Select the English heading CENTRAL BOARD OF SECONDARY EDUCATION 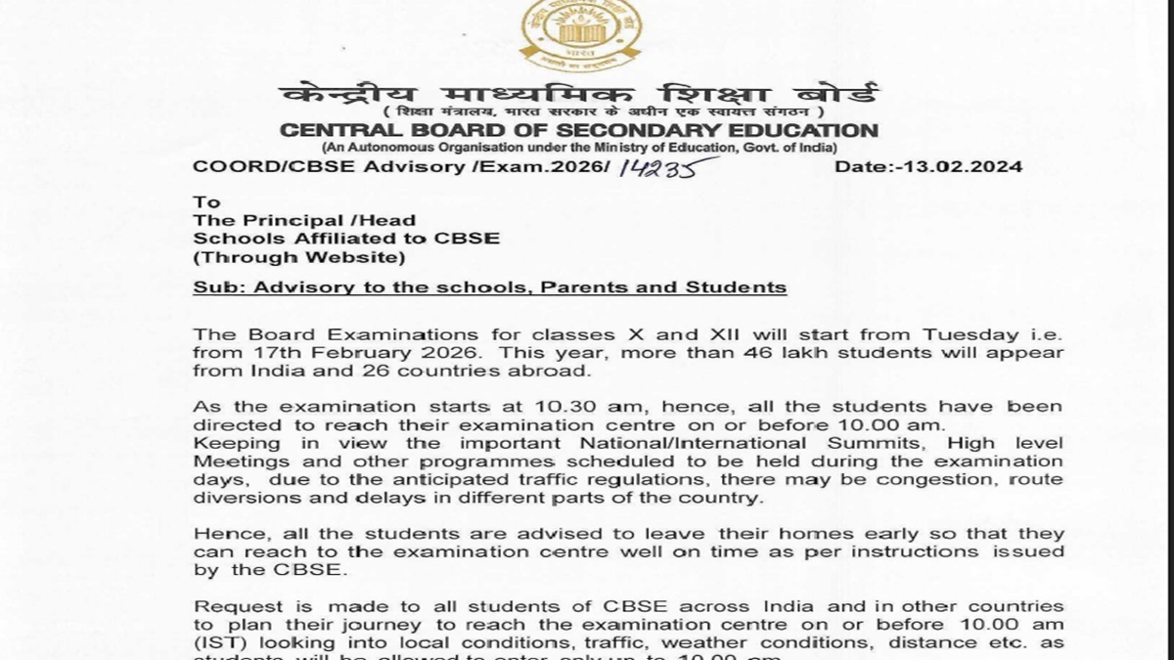[579, 131]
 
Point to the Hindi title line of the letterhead [579, 96]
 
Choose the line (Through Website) [297, 257]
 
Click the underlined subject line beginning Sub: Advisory [489, 287]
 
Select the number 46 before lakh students [804, 353]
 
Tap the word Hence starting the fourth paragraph [227, 535]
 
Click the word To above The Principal [206, 203]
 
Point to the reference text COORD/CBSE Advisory [323, 167]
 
